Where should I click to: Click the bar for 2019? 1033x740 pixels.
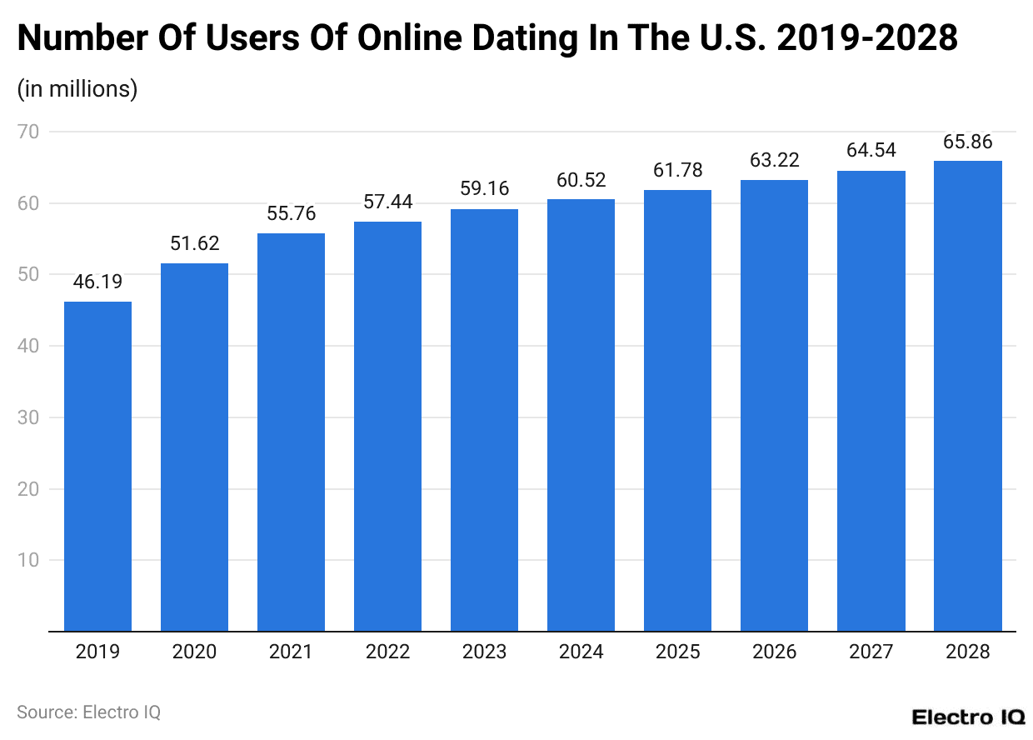click(97, 467)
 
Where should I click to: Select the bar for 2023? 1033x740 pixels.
click(484, 420)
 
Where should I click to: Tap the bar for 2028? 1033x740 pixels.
click(967, 396)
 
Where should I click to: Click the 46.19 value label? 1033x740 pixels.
click(97, 282)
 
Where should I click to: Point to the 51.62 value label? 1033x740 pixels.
click(194, 244)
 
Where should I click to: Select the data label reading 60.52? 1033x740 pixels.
click(581, 180)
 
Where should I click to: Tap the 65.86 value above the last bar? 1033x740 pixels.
click(967, 142)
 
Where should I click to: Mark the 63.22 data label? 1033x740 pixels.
click(774, 161)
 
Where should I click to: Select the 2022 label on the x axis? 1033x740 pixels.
click(387, 652)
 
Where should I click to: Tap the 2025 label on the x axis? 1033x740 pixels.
click(677, 652)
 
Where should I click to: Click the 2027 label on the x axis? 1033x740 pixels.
click(871, 652)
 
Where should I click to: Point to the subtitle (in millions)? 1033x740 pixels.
click(77, 88)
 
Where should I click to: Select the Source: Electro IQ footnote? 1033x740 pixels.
click(88, 712)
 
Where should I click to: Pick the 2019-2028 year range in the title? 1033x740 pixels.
click(866, 38)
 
